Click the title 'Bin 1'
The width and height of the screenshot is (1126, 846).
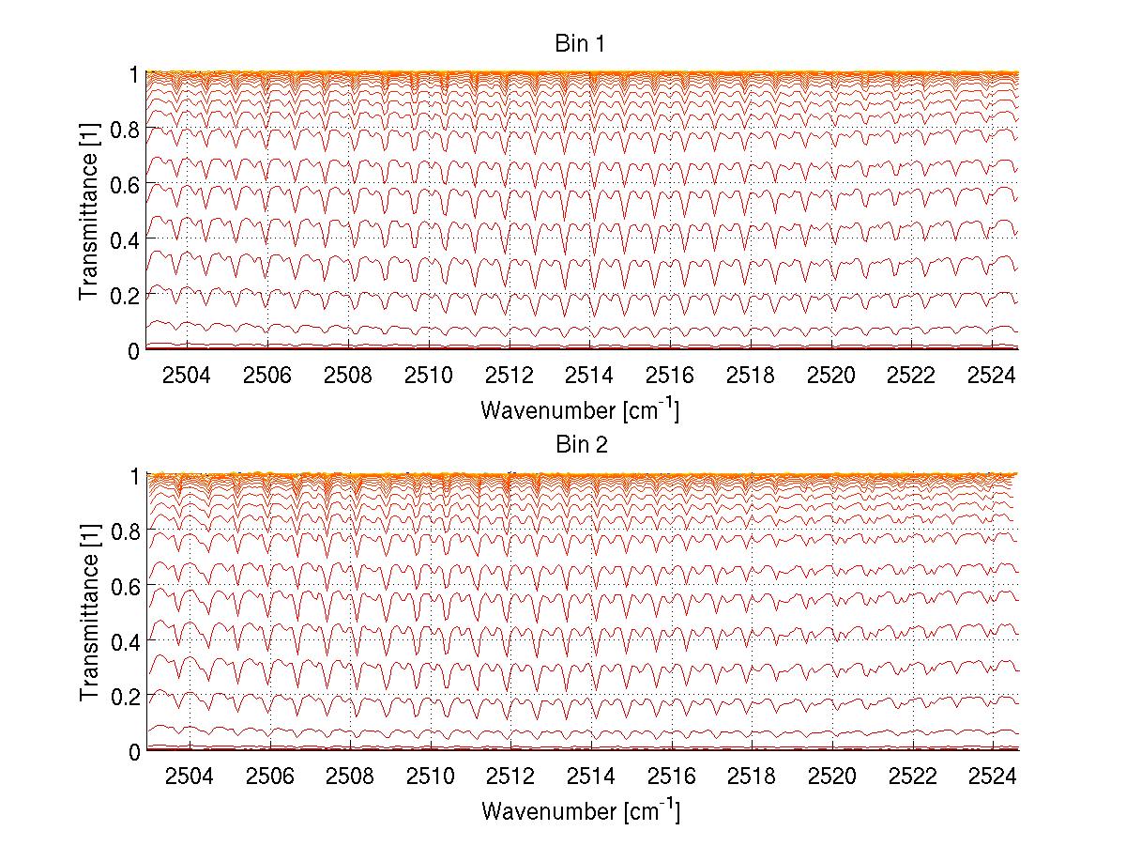[x=582, y=44]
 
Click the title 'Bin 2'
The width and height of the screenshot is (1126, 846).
[x=582, y=445]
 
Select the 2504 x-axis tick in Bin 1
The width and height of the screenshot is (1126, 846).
[x=188, y=376]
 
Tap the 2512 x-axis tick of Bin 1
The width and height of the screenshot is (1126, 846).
[x=510, y=376]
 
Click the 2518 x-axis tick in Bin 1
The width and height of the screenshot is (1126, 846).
[x=751, y=376]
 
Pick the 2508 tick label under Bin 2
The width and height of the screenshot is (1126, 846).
[x=349, y=777]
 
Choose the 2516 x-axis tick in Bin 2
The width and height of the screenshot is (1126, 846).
[x=671, y=777]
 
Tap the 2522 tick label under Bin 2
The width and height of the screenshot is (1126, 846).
[x=912, y=777]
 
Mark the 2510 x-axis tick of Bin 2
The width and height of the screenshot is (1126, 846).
[x=430, y=777]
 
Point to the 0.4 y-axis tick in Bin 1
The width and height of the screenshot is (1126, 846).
[x=126, y=239]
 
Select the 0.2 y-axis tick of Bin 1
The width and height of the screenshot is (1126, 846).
[x=126, y=295]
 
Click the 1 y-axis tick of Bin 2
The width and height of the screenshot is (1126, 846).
[x=134, y=475]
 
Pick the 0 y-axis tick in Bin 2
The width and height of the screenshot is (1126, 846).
[x=134, y=751]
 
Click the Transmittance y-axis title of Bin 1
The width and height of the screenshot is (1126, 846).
[x=88, y=211]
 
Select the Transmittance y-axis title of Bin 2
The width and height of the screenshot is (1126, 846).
[x=88, y=612]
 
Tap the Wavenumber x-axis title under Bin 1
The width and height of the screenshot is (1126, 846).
[x=580, y=409]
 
